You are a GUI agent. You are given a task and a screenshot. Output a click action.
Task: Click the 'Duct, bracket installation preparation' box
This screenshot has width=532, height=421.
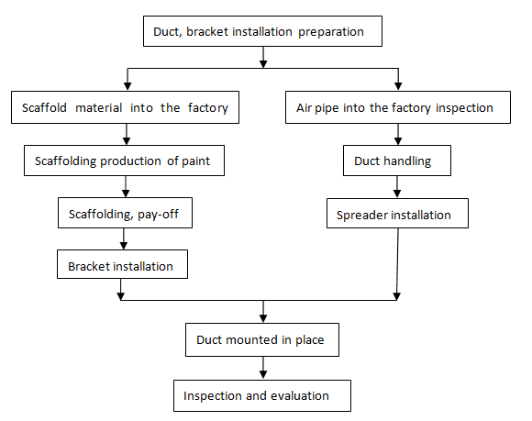262,31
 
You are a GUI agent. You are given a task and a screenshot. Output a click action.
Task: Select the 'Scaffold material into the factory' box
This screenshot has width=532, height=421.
125,107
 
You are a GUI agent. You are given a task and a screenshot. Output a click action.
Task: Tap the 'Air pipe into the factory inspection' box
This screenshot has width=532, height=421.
398,107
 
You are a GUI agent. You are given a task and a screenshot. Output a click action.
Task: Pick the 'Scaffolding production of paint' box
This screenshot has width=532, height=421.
124,161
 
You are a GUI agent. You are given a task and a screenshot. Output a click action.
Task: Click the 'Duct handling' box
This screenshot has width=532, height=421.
397,161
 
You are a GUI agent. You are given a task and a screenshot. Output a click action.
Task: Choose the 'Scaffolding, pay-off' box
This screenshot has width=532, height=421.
125,213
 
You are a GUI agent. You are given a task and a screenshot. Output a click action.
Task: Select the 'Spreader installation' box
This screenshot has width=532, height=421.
398,213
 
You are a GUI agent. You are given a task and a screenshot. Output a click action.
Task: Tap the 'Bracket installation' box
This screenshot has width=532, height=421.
123,264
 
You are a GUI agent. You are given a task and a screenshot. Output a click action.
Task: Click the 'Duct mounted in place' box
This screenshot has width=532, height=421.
262,339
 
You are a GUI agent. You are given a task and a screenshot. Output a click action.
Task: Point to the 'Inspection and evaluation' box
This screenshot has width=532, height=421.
262,395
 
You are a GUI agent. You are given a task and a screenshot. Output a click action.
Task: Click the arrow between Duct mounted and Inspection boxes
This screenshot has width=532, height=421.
263,368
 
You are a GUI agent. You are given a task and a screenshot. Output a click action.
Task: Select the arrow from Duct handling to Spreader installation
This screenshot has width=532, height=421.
397,186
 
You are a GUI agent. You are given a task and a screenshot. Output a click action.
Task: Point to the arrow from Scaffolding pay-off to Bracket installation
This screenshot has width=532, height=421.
124,238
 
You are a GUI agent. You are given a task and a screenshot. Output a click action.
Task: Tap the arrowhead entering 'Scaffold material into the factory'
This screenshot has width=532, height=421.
127,86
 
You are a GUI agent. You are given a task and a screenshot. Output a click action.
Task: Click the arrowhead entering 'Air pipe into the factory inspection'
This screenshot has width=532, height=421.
398,86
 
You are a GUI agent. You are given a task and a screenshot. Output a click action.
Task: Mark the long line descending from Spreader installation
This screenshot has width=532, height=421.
397,264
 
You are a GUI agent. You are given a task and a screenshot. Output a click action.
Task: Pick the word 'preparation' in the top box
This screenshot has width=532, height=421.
331,32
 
